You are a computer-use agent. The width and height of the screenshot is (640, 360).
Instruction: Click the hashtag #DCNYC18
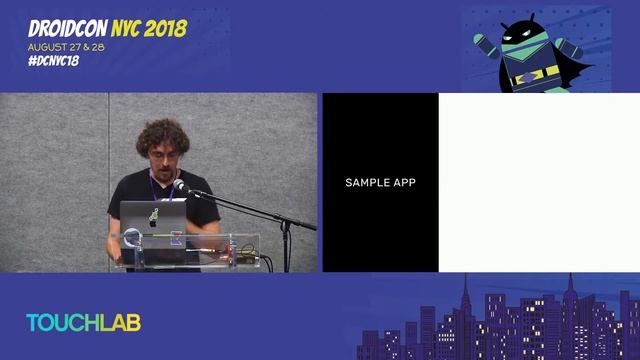tap(54, 61)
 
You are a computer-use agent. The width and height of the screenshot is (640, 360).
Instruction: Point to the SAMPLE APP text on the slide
tap(380, 183)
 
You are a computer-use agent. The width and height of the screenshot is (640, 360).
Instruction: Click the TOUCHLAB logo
tap(83, 322)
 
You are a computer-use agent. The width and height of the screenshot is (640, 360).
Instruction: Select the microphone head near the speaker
tap(179, 186)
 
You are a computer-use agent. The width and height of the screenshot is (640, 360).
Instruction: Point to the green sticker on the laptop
tap(153, 215)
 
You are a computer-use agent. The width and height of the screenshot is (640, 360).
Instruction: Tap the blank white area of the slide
tap(538, 183)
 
